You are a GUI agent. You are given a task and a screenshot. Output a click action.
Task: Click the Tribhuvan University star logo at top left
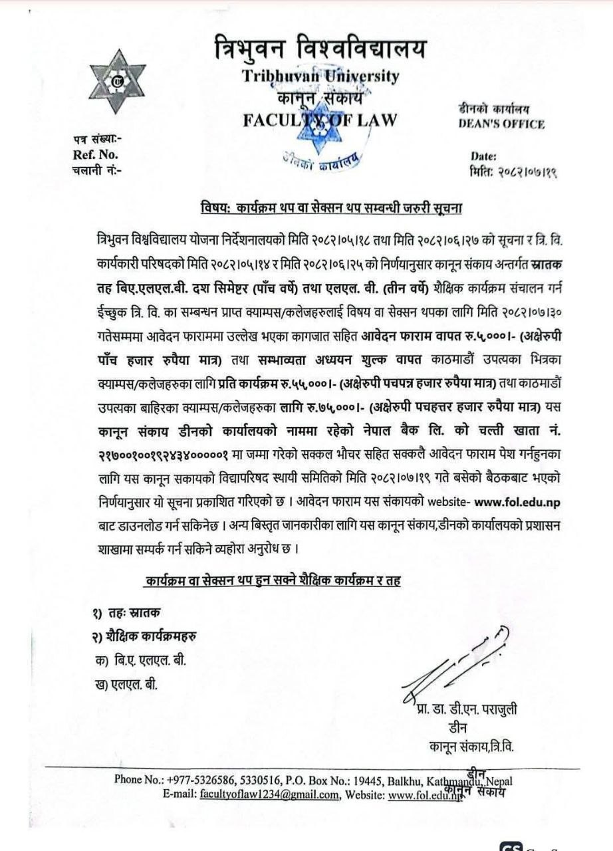(x=117, y=81)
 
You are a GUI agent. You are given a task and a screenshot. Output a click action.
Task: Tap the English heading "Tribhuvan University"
(x=321, y=76)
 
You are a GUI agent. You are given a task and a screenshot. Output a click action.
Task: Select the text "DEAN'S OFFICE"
(x=501, y=124)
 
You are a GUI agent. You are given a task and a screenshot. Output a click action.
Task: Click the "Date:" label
(x=483, y=156)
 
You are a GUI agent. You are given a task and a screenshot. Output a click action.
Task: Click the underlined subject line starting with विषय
(x=332, y=207)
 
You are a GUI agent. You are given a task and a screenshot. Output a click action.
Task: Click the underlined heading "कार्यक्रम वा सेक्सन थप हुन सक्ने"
(x=273, y=580)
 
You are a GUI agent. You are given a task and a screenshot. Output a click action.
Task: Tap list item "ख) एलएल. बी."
(x=127, y=683)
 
